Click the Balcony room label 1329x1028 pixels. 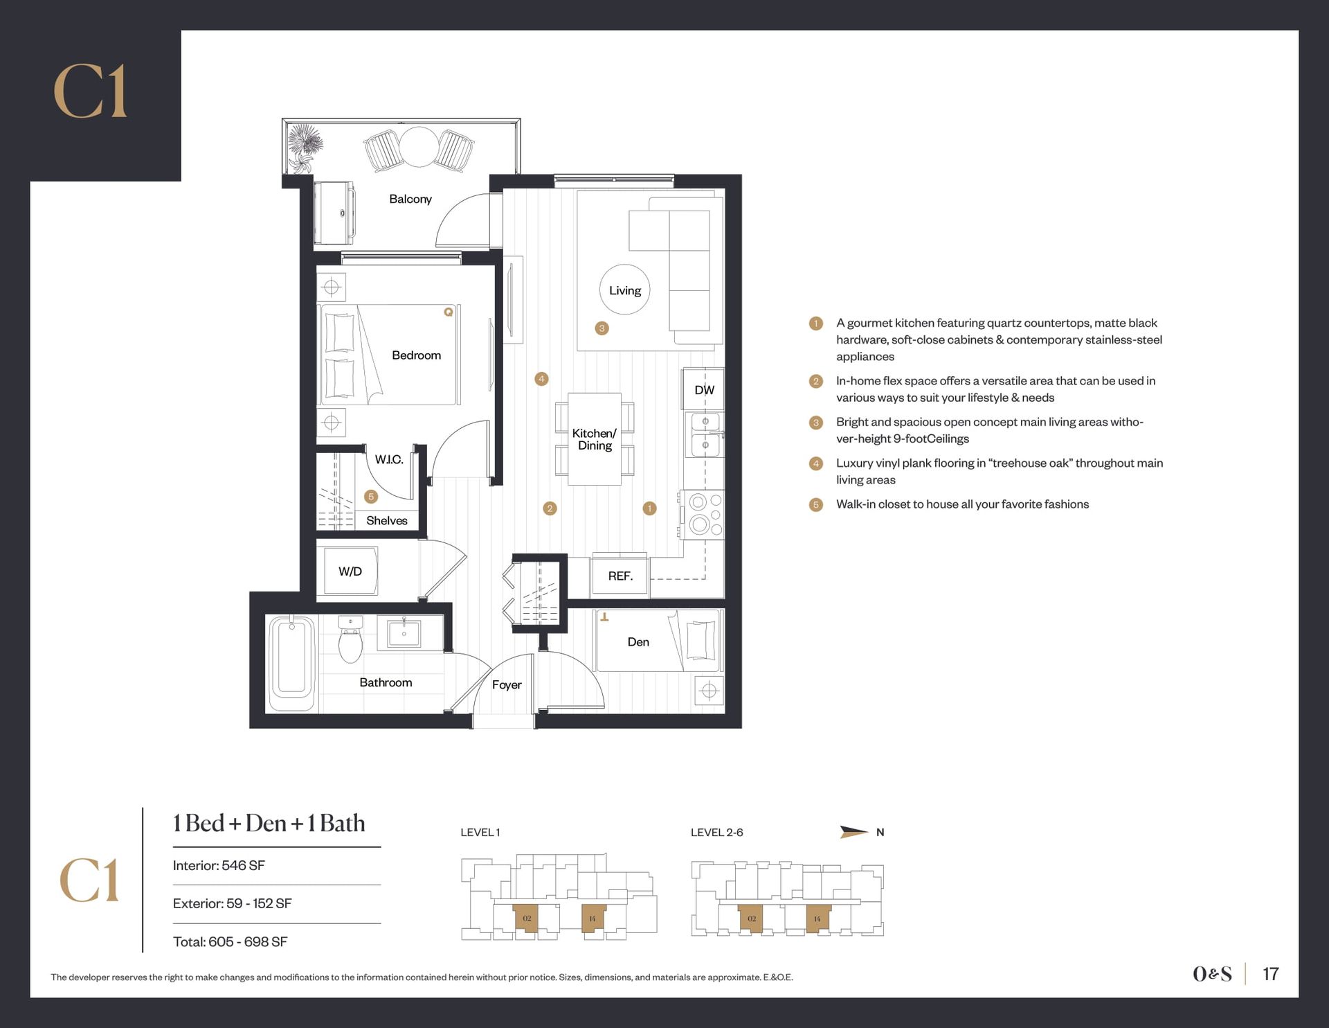click(x=410, y=199)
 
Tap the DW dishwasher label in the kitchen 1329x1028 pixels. click(x=705, y=390)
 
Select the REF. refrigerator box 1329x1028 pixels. click(x=620, y=575)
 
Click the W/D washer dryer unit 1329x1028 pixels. click(x=350, y=571)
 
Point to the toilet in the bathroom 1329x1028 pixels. click(x=350, y=639)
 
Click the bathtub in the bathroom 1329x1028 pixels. click(x=291, y=664)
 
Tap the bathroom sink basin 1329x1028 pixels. click(x=404, y=632)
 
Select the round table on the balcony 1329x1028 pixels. click(x=419, y=147)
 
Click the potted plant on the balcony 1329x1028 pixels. click(x=305, y=148)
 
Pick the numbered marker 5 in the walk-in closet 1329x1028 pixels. click(x=371, y=496)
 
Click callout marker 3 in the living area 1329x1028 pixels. click(x=602, y=328)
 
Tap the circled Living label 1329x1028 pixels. click(x=625, y=290)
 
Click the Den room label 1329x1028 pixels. click(x=638, y=642)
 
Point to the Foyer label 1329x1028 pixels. click(x=507, y=684)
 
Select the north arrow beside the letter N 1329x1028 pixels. click(x=854, y=832)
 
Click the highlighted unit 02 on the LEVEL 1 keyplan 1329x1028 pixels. click(x=527, y=918)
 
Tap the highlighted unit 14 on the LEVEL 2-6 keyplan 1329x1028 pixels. click(x=817, y=919)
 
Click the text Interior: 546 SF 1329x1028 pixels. click(x=219, y=865)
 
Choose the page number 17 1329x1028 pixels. click(x=1270, y=973)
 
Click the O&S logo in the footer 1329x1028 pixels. click(x=1212, y=974)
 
